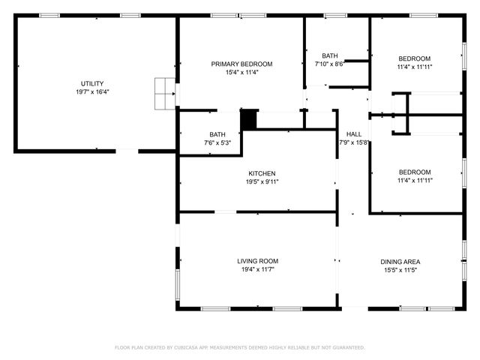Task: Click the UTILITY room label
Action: [92, 83]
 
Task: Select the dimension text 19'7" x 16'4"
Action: [92, 91]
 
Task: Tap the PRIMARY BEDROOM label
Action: [241, 64]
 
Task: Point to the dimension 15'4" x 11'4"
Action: [241, 73]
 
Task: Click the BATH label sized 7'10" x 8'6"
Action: [329, 55]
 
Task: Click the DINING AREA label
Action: [401, 262]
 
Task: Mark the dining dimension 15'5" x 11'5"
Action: [401, 270]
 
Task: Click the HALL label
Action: [353, 133]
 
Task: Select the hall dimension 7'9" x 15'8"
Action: [353, 142]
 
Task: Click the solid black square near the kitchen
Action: [248, 119]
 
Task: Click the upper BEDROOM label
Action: [414, 58]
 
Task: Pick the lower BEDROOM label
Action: [414, 172]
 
